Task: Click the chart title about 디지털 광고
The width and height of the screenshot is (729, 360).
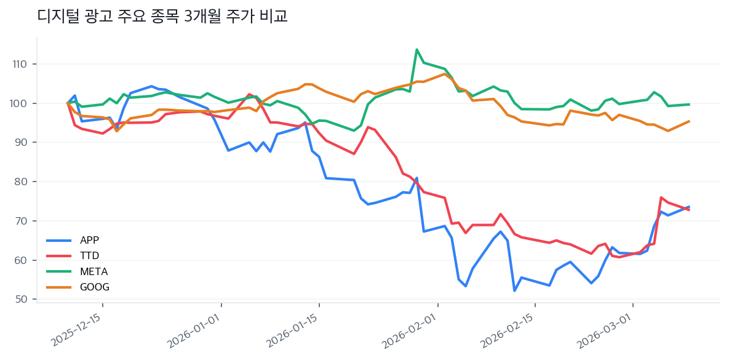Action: pos(162,17)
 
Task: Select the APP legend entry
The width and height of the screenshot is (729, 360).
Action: pos(89,240)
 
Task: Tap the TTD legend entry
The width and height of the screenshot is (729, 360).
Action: pos(89,255)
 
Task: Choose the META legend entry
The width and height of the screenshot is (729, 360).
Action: pos(93,271)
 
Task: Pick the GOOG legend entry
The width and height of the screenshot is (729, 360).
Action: pos(94,287)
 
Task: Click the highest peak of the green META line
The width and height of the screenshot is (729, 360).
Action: pos(417,49)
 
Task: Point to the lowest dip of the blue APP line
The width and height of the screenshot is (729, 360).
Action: pos(514,290)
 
